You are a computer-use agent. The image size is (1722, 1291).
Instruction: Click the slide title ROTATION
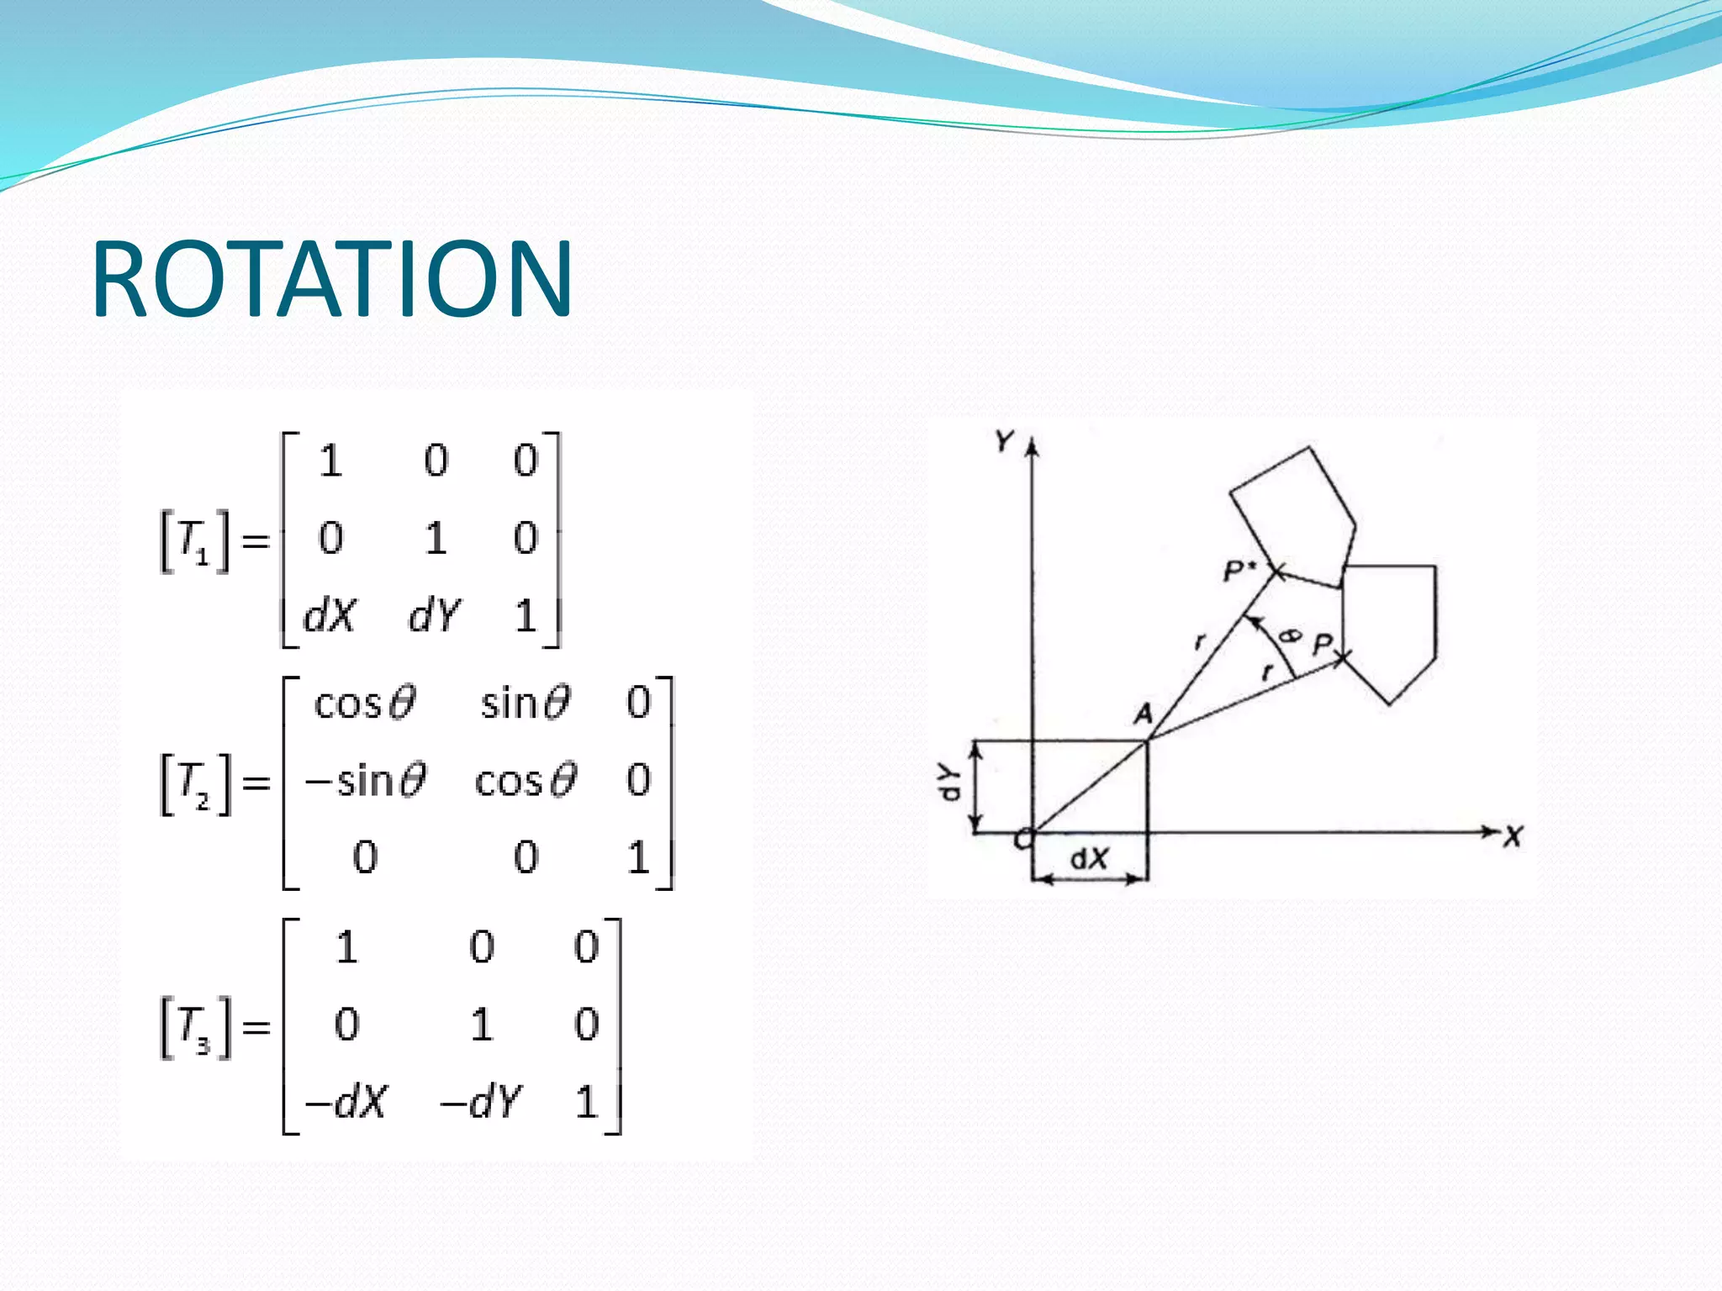pyautogui.click(x=332, y=279)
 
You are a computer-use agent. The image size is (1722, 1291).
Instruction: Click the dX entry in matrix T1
pyautogui.click(x=330, y=616)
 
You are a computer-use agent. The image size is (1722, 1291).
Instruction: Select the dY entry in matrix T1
pyautogui.click(x=435, y=616)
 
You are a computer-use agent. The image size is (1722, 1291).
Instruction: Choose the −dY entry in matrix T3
pyautogui.click(x=482, y=1101)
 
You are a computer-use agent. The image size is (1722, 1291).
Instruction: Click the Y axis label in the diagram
pyautogui.click(x=1004, y=440)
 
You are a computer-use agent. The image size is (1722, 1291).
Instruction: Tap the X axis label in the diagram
pyautogui.click(x=1513, y=837)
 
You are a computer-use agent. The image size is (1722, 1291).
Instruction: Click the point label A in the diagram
pyautogui.click(x=1143, y=714)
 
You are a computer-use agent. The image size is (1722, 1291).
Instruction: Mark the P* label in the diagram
pyautogui.click(x=1239, y=572)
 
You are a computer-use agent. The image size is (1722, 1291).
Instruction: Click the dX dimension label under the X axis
pyautogui.click(x=1089, y=859)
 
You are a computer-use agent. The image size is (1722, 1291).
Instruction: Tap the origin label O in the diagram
pyautogui.click(x=1022, y=839)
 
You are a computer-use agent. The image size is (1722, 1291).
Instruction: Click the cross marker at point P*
pyautogui.click(x=1276, y=573)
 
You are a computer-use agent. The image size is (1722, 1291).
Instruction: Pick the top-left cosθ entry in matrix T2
pyautogui.click(x=365, y=703)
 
